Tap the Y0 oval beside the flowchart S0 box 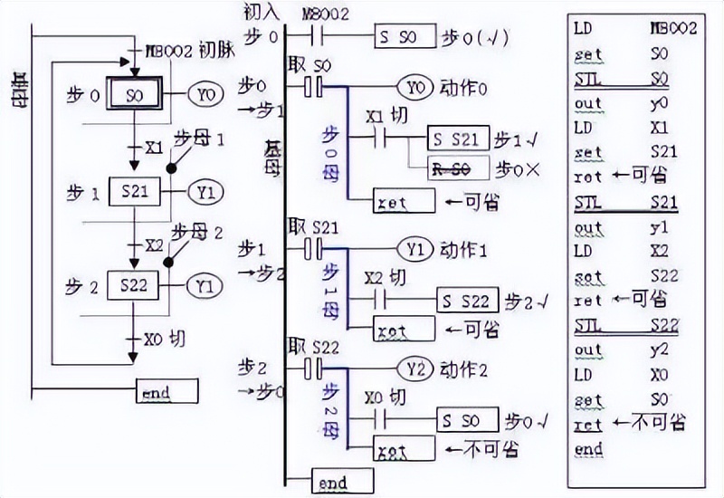pos(205,93)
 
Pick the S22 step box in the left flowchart pos(134,284)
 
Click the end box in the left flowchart pos(167,392)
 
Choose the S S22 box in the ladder pos(466,300)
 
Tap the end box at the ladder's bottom pos(341,480)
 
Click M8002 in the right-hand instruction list pos(673,29)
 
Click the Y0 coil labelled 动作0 pos(415,88)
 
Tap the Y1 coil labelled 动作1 pos(416,247)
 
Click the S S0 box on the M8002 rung pos(405,36)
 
